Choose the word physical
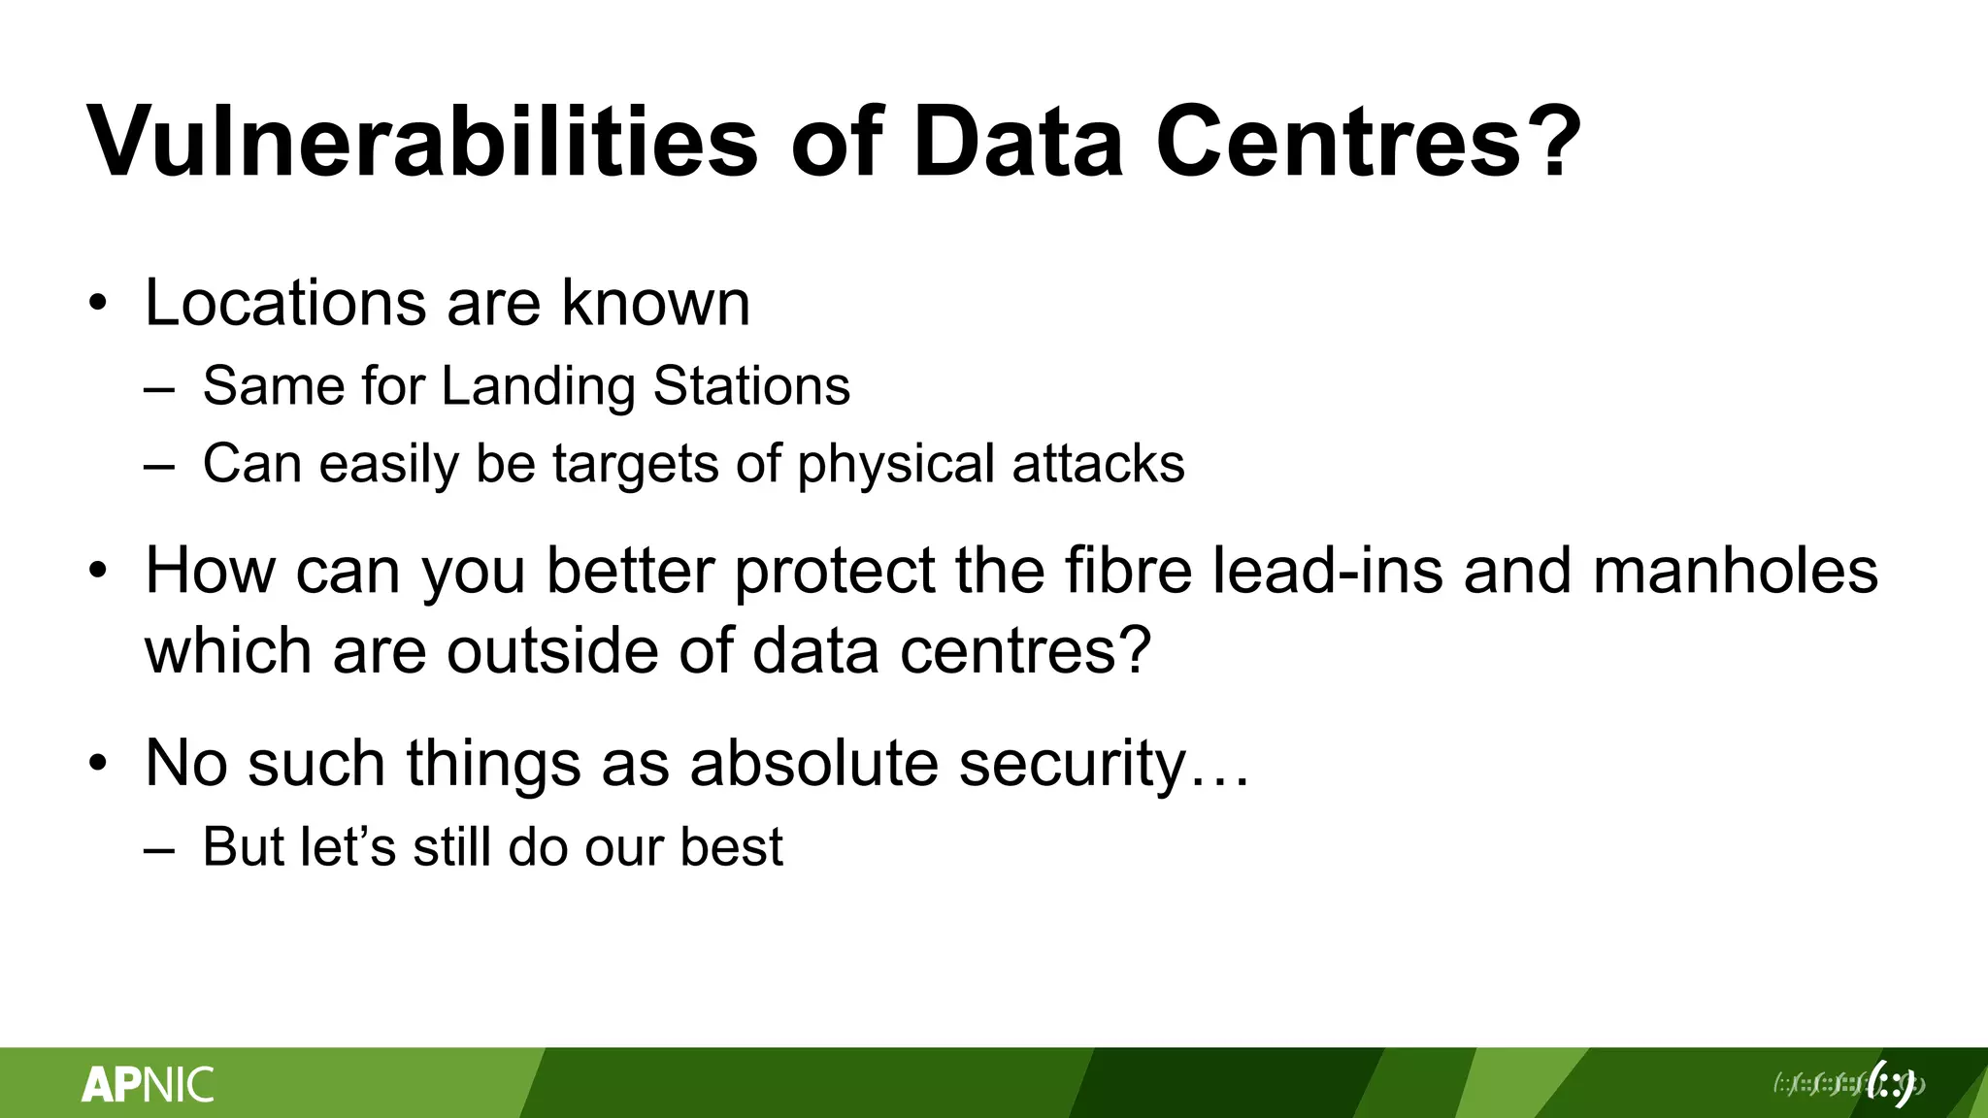click(896, 464)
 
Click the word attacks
click(1098, 464)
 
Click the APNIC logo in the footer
click(148, 1084)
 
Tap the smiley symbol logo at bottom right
click(1891, 1084)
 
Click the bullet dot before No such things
click(97, 764)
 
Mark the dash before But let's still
click(159, 850)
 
